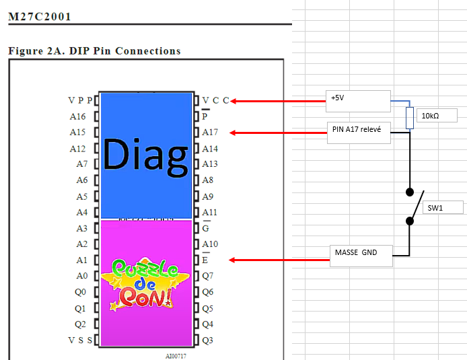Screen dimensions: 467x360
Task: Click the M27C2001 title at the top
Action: click(x=40, y=17)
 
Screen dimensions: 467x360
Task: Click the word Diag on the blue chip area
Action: click(x=145, y=156)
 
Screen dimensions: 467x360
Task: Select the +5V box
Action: click(x=358, y=101)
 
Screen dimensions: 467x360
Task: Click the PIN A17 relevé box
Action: click(x=359, y=133)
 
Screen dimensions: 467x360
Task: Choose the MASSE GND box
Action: click(x=361, y=256)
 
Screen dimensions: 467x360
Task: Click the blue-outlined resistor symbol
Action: click(x=410, y=118)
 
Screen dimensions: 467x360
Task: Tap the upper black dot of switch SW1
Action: click(x=410, y=192)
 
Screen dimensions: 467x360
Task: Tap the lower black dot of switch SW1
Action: click(x=410, y=221)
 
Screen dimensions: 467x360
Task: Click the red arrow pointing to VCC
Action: click(x=278, y=101)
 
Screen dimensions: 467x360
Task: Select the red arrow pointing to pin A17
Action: click(x=279, y=133)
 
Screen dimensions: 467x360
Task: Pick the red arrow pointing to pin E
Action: click(x=279, y=260)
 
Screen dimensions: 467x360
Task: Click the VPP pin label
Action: click(x=80, y=100)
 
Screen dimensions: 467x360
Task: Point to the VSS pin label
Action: click(x=80, y=340)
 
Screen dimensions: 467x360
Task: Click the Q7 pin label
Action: click(x=207, y=276)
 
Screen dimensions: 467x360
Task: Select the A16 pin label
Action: click(x=78, y=116)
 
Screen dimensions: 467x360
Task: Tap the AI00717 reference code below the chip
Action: click(x=176, y=356)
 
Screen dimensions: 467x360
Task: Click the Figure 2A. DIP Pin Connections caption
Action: click(x=94, y=51)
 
